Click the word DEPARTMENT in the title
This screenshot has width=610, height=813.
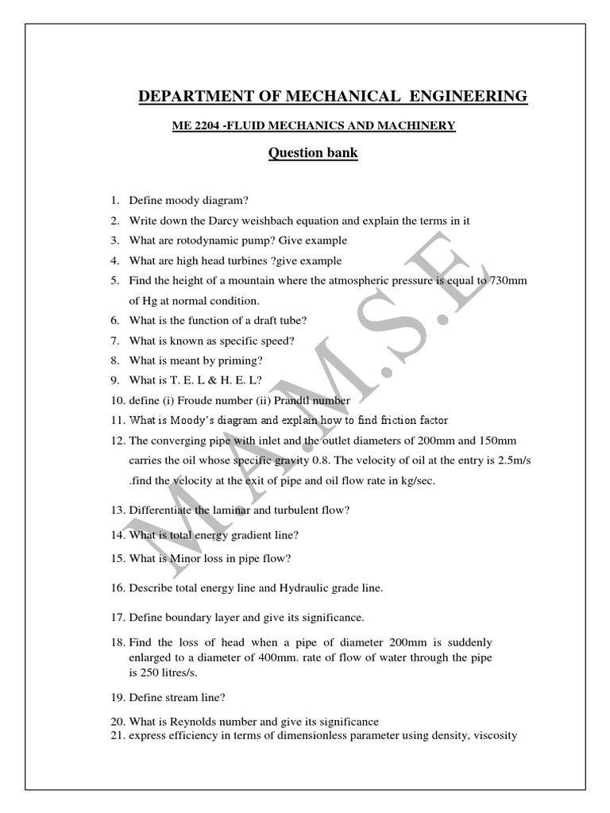click(x=188, y=97)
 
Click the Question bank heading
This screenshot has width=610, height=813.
click(x=313, y=153)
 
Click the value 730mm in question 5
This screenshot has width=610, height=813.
click(x=509, y=281)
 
